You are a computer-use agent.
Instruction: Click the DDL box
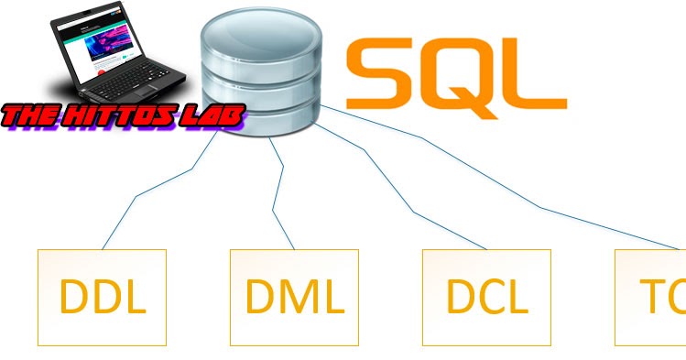coord(102,296)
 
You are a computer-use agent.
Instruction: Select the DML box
coord(294,296)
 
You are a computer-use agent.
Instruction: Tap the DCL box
coord(486,296)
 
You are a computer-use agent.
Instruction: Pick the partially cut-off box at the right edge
coord(652,296)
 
